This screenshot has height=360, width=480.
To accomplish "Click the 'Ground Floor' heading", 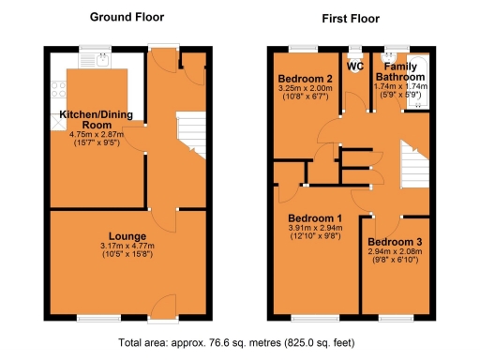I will click(x=126, y=17).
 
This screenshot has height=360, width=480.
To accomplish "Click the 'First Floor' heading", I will click(x=349, y=18).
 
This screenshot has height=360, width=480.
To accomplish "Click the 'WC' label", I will click(x=354, y=67).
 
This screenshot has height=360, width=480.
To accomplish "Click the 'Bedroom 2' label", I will click(x=305, y=78).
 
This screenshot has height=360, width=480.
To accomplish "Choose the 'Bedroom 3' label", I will click(x=395, y=242).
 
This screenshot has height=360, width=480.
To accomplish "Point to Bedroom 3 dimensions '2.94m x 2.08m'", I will click(x=395, y=253).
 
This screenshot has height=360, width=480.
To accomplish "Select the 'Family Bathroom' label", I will click(x=400, y=73).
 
